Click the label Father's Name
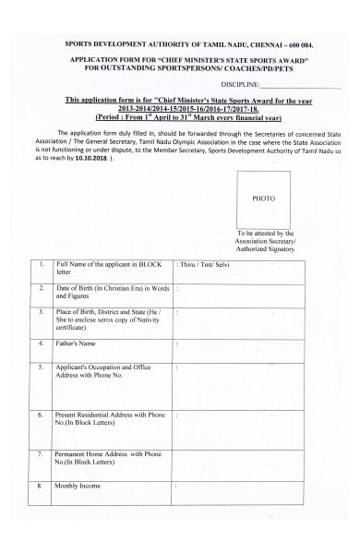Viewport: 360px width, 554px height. point(76,344)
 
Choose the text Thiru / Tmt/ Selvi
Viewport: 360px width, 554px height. point(204,265)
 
